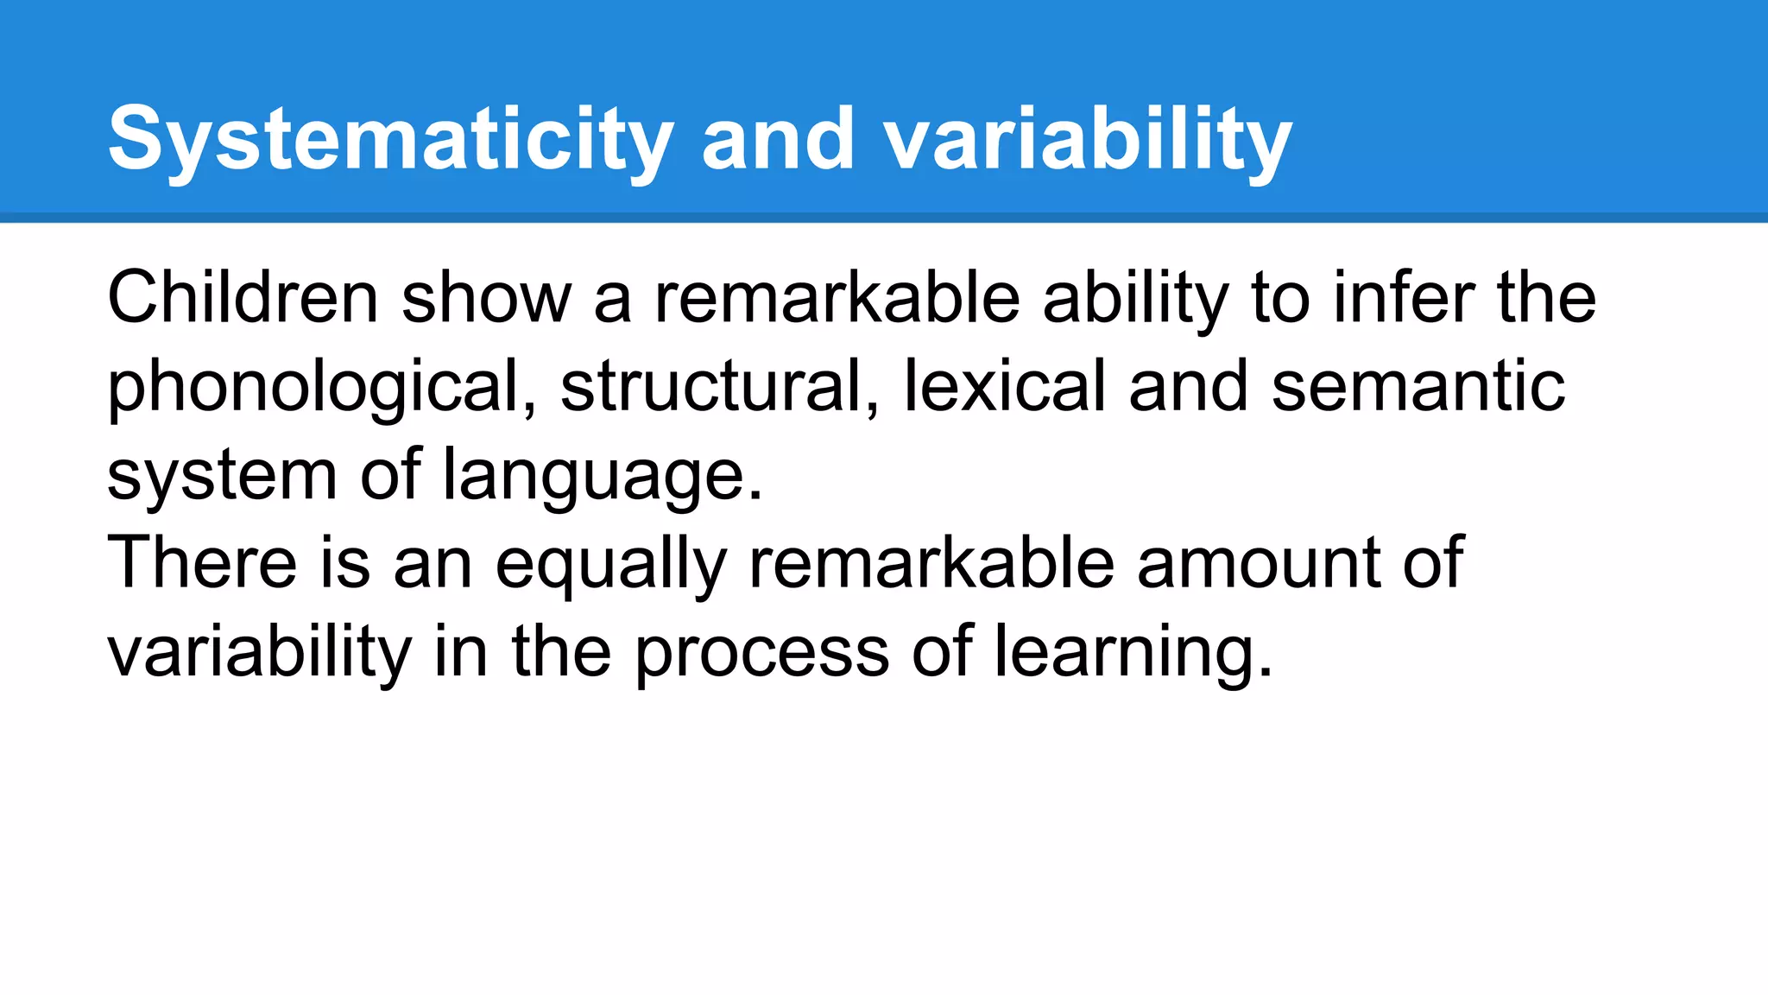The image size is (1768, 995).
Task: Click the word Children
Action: pos(243,298)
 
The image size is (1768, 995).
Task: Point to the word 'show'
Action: pos(486,298)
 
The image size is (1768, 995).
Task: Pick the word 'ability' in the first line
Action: pos(1135,298)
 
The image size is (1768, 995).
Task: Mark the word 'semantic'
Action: pos(1418,387)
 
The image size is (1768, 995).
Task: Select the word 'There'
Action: pos(203,563)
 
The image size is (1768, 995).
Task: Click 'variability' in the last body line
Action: pos(259,652)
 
